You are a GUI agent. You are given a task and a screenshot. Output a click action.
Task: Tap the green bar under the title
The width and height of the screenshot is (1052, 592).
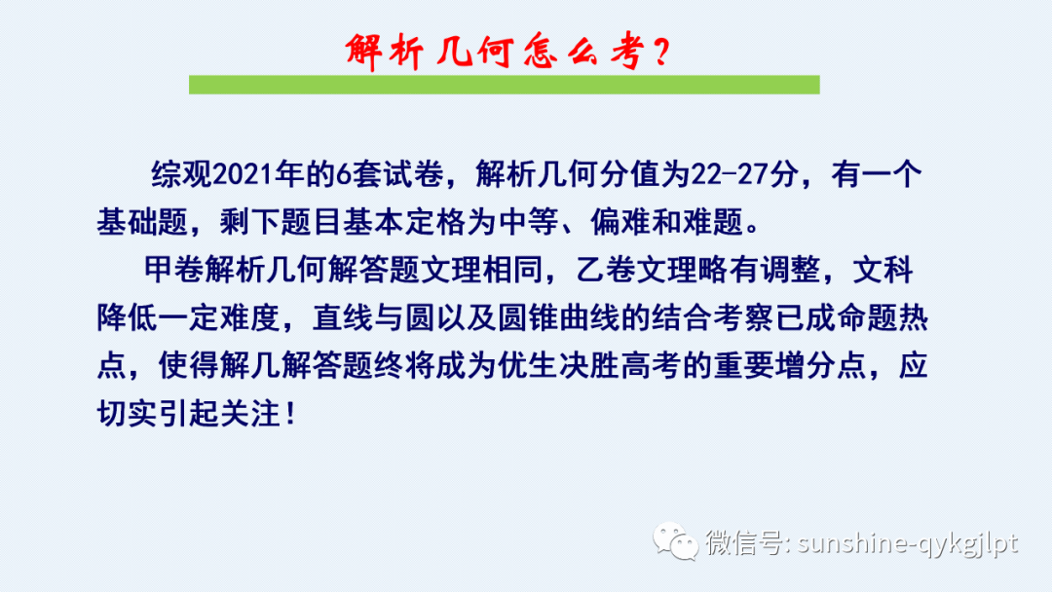pyautogui.click(x=504, y=85)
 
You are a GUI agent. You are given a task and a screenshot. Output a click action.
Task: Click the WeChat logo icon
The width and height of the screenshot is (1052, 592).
pyautogui.click(x=675, y=540)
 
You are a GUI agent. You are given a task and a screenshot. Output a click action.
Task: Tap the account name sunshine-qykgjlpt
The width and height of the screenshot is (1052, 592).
pyautogui.click(x=908, y=542)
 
